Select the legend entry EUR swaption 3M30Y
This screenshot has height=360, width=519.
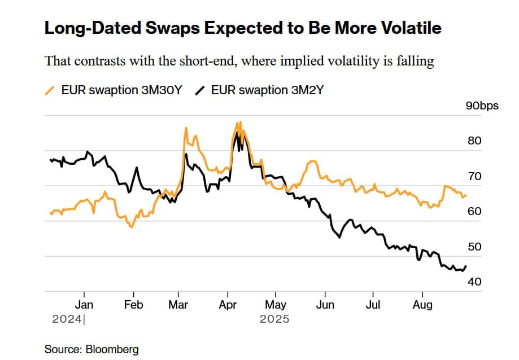(121, 90)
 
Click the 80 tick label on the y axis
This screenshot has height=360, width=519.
(474, 141)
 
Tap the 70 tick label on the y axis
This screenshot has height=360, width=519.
(474, 176)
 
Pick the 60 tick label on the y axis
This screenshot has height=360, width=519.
(474, 211)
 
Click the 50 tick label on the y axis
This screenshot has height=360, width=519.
(474, 247)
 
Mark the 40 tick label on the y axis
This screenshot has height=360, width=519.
(474, 282)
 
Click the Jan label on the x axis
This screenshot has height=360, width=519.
(84, 305)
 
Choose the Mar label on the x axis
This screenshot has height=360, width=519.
(178, 305)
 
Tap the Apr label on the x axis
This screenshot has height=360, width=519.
(227, 305)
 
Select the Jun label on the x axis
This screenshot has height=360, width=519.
(325, 305)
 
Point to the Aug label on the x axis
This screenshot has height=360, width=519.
(422, 305)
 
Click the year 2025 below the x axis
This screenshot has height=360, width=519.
(274, 319)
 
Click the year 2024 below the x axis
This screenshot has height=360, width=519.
(67, 319)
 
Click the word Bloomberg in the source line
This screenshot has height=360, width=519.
(112, 349)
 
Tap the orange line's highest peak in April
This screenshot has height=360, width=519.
(241, 122)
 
